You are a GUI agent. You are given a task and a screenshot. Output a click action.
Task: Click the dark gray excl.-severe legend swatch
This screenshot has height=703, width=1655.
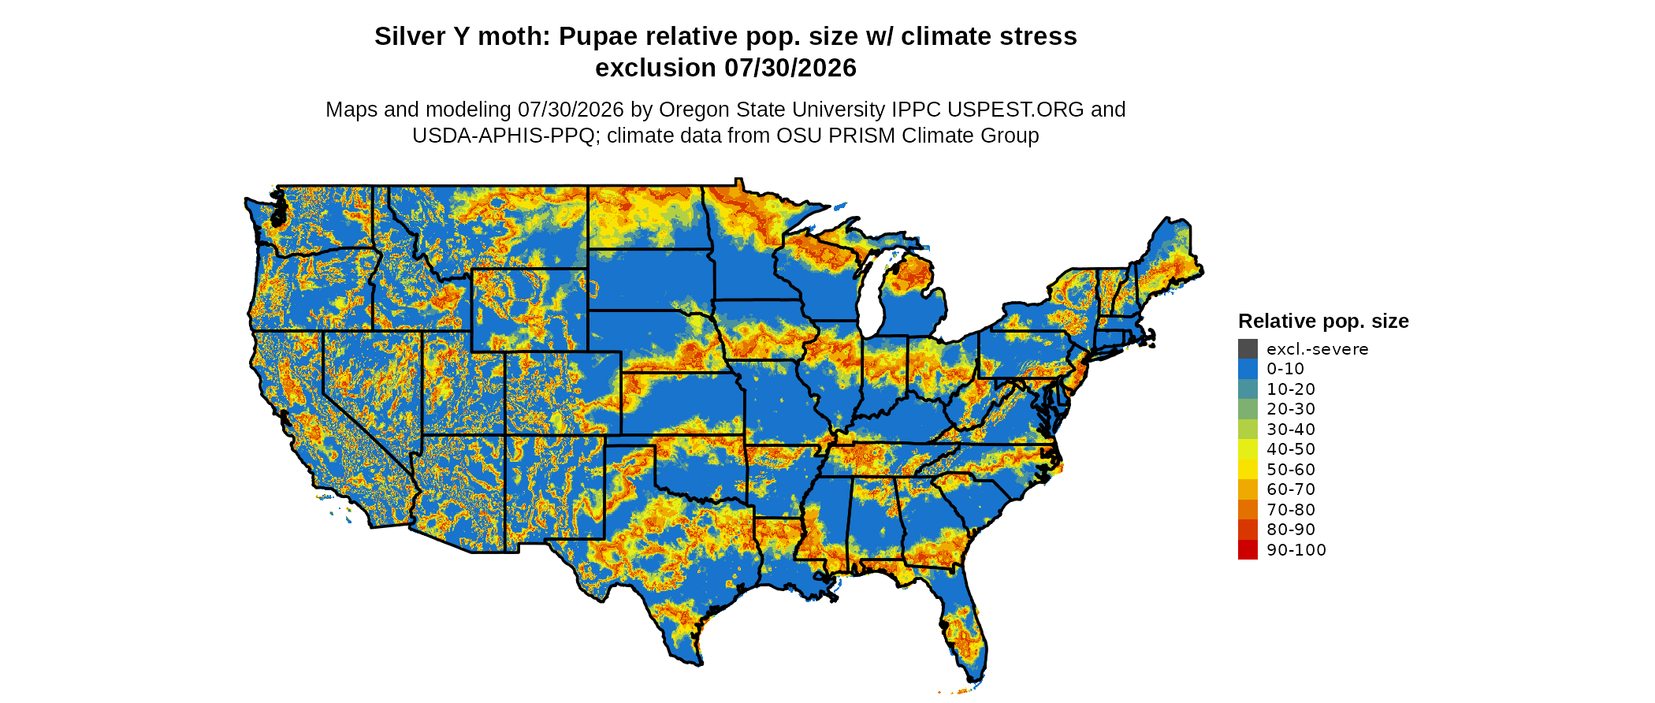1248,349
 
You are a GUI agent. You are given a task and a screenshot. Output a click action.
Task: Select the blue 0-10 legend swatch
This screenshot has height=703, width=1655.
1248,369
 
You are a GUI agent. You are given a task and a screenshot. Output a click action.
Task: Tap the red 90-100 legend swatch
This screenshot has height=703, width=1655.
1248,550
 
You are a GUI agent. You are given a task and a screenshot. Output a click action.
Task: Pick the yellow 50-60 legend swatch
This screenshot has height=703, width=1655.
1248,470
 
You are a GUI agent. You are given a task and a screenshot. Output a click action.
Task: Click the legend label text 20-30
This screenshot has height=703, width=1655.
1291,409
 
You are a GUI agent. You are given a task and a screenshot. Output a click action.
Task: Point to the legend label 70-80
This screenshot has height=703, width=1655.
1291,510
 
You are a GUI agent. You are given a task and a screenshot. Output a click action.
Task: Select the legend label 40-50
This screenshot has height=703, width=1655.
1291,449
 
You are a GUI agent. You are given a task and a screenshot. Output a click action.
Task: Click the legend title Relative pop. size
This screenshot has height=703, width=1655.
1323,321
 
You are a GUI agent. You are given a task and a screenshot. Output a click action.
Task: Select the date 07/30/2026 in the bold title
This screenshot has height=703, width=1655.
790,68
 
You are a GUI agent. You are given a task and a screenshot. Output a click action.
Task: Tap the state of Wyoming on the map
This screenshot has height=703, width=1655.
530,310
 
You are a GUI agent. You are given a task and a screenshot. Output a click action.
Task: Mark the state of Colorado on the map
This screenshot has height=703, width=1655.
563,392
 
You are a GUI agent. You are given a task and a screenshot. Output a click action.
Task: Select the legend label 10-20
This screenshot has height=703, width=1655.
1291,389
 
